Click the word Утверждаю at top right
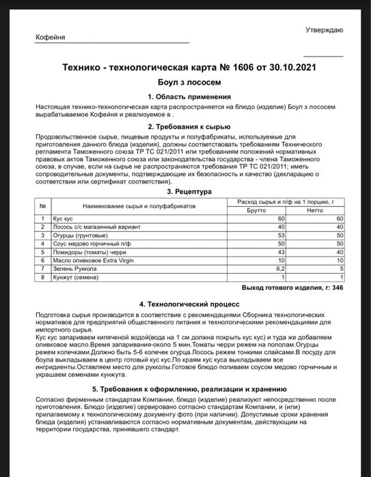pyautogui.click(x=325, y=30)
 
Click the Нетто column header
pyautogui.click(x=314, y=210)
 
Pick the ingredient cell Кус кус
pyautogui.click(x=63, y=218)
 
